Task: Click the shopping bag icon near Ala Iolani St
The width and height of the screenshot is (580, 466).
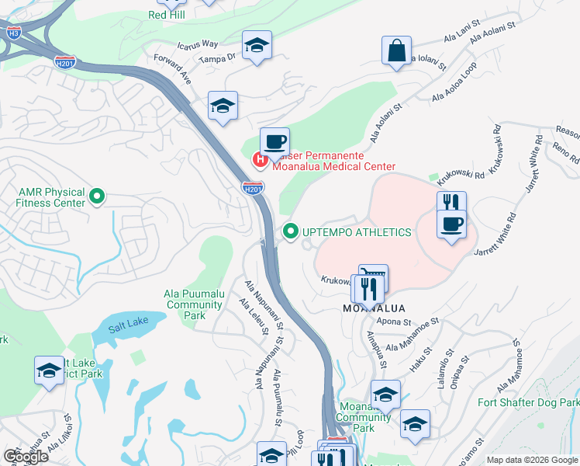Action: (396, 50)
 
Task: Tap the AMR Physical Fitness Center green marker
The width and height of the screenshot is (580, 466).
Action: (97, 196)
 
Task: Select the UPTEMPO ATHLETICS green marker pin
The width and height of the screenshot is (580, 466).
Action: (291, 231)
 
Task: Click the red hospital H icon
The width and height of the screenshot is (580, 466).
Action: (261, 160)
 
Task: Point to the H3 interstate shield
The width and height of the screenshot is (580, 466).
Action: (13, 33)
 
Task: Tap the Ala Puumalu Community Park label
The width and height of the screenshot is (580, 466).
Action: (194, 304)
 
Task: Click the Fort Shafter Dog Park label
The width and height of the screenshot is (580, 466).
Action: (528, 402)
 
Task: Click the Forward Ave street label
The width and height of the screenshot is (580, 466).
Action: (172, 69)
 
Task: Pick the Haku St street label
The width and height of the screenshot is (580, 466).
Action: (421, 358)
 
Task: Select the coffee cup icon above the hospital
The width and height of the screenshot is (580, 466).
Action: (274, 142)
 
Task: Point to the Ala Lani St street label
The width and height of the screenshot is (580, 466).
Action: (458, 36)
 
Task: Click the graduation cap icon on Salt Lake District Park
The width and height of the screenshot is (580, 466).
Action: (49, 370)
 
